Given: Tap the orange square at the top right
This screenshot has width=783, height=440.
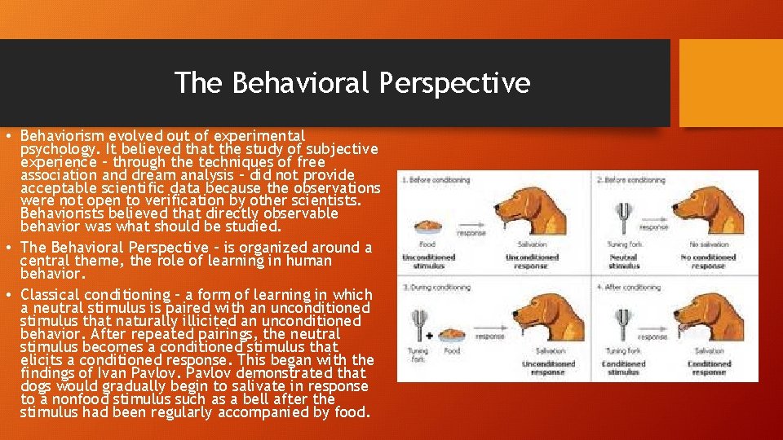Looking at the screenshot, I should (730, 83).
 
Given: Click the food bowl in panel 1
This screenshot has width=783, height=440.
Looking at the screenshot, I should (427, 227).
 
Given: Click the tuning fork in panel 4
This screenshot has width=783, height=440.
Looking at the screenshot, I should (622, 325).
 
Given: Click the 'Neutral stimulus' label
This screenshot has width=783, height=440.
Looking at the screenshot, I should (623, 262).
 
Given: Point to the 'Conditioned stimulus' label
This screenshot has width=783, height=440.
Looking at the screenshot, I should (623, 367).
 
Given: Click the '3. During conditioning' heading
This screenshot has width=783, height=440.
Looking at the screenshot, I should (436, 287).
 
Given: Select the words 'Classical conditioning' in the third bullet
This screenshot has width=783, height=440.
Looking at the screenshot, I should (84, 294).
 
